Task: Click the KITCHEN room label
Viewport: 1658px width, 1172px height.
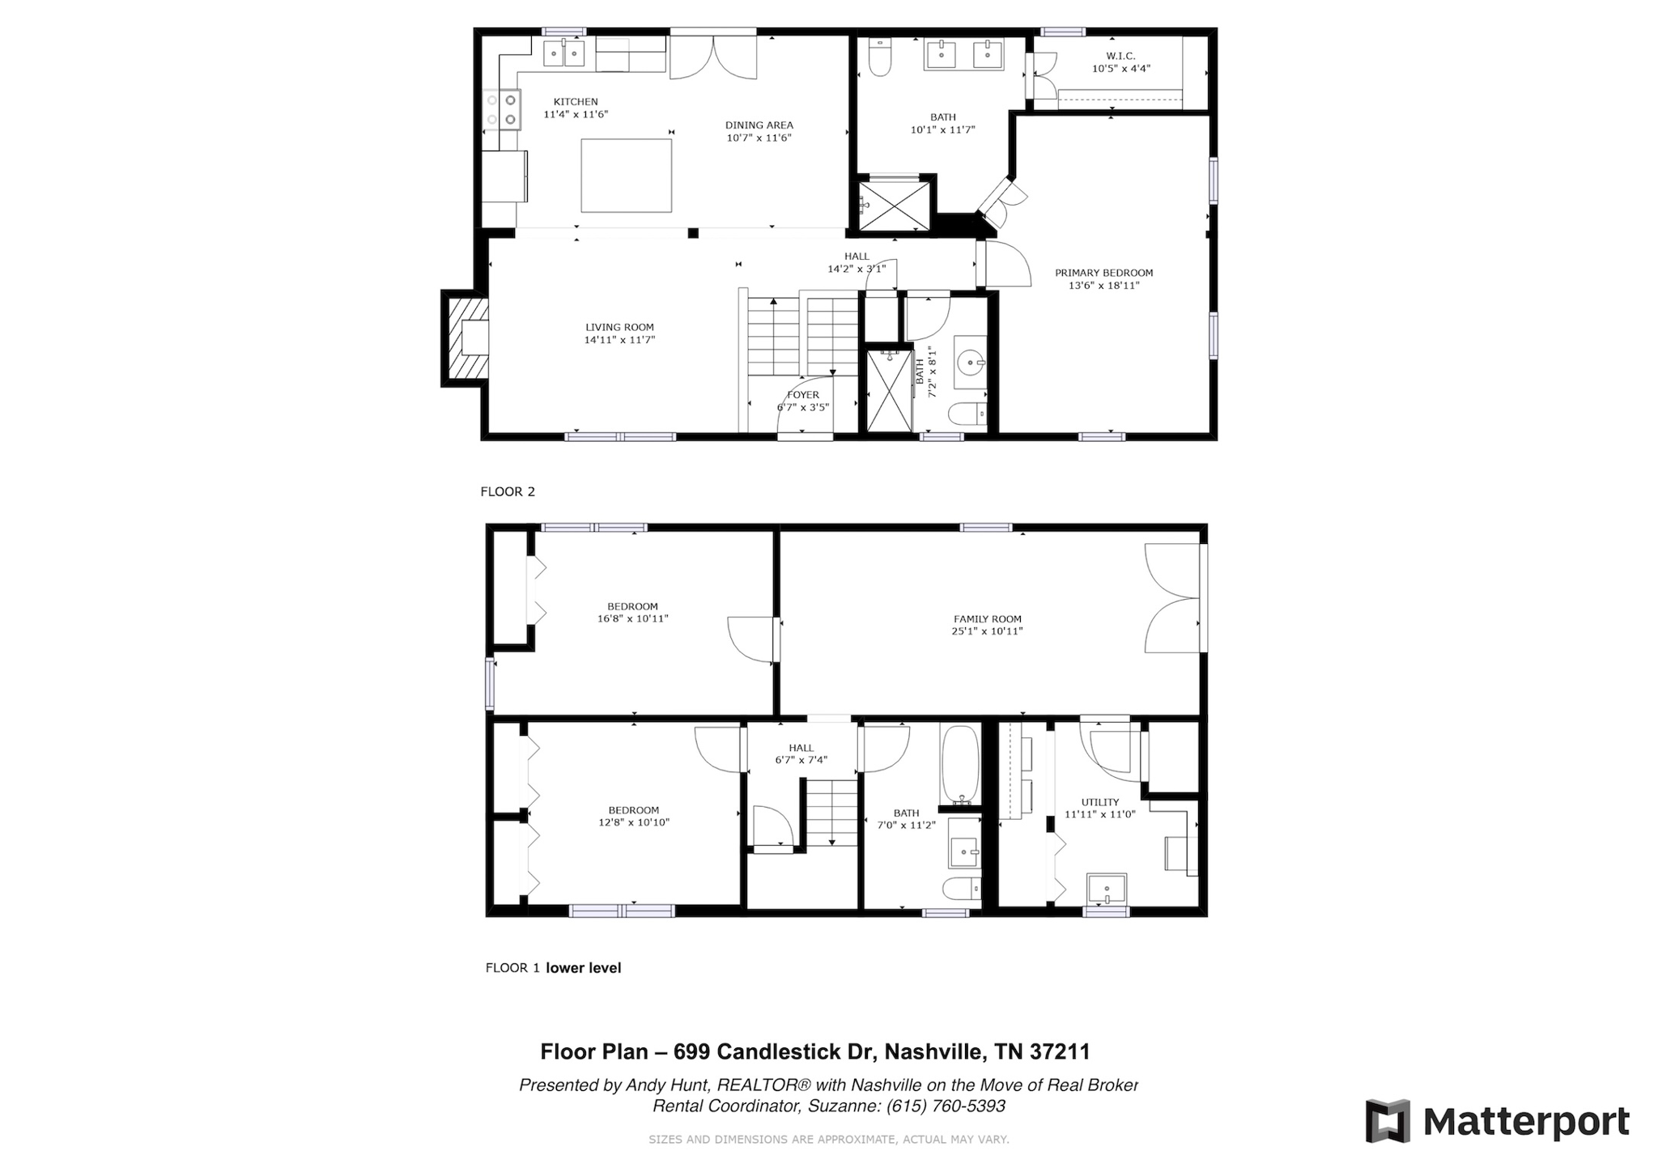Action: [x=576, y=102]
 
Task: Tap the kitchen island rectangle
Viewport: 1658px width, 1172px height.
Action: [x=627, y=176]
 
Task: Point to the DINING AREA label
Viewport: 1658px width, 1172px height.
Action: [x=759, y=125]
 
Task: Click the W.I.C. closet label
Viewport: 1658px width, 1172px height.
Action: [x=1120, y=56]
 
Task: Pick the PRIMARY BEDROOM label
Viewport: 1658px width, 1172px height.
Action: [x=1103, y=273]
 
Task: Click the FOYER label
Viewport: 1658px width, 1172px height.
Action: [x=803, y=395]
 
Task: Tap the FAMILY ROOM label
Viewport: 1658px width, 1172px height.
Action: [x=987, y=619]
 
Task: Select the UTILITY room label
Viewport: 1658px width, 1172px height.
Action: [x=1099, y=802]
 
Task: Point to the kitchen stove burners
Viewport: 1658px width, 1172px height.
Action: [x=501, y=110]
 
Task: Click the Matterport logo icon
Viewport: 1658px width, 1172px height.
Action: [x=1388, y=1121]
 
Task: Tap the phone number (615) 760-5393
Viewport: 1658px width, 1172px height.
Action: [x=946, y=1106]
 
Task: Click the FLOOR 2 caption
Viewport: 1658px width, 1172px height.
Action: [x=508, y=491]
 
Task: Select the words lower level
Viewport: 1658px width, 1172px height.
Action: [x=584, y=967]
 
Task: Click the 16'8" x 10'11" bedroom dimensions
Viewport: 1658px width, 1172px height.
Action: [x=632, y=619]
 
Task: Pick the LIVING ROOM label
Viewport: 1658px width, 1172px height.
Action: [x=619, y=327]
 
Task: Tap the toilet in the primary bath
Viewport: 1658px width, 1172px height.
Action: [x=879, y=57]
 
